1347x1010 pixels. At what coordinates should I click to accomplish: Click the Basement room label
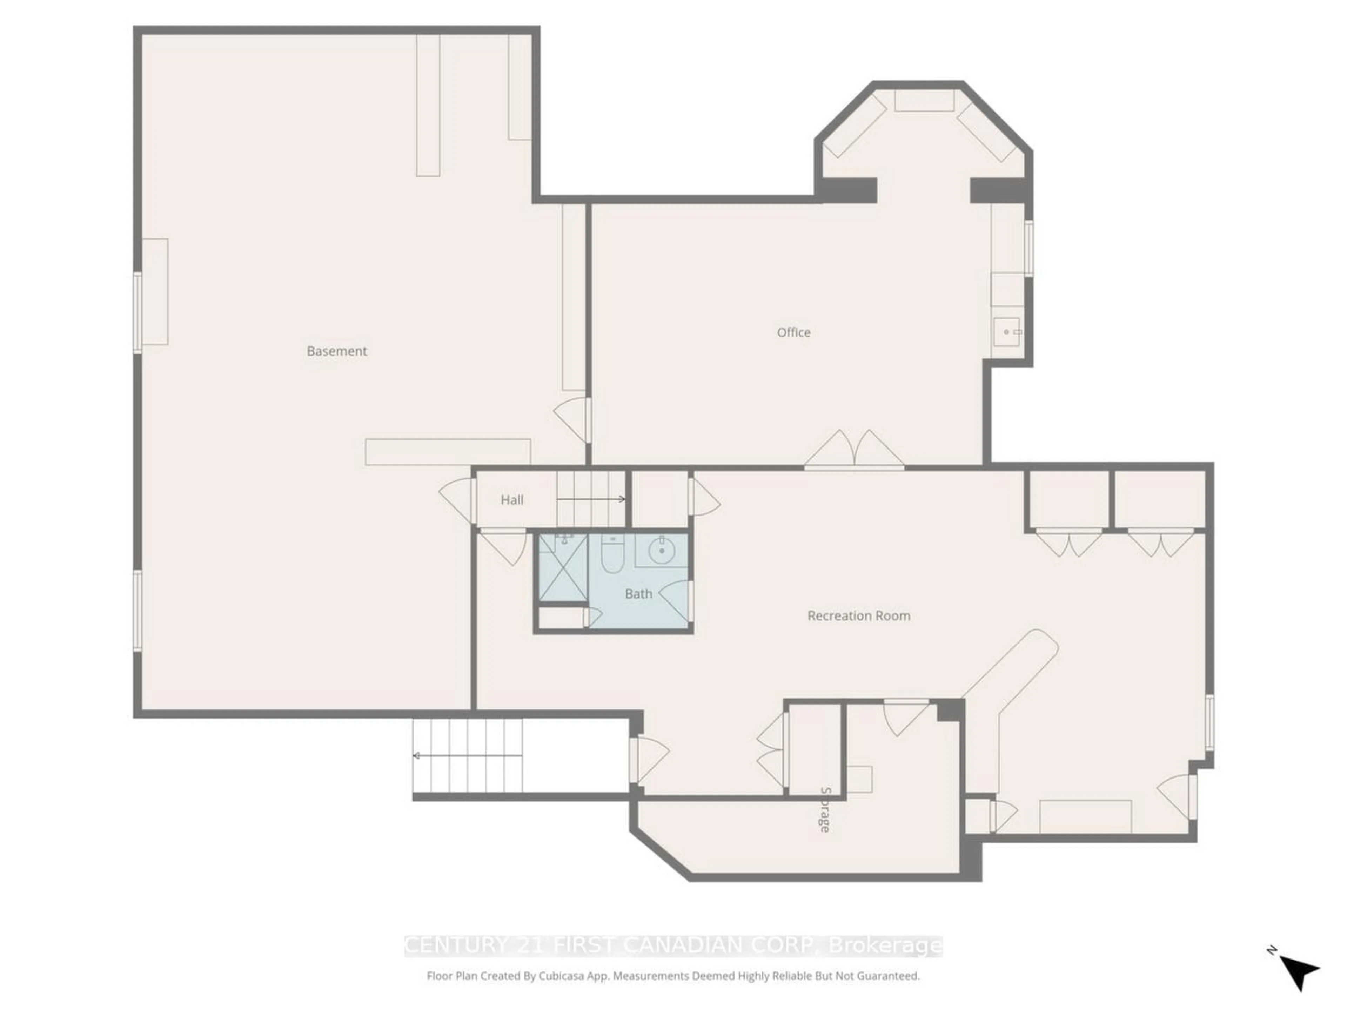[337, 351]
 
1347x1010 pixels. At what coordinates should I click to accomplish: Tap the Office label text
[793, 332]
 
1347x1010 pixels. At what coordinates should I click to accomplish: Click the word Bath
[638, 594]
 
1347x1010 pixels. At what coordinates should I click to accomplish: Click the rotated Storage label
[825, 810]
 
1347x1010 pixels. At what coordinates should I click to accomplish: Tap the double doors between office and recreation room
[855, 451]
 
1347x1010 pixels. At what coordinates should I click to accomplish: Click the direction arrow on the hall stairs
[591, 499]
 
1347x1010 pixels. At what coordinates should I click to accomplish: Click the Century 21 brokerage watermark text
[673, 945]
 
